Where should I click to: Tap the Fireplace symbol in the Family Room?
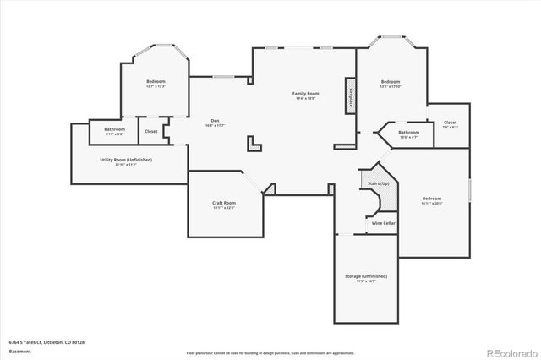click(347, 95)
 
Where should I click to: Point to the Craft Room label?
click(223, 203)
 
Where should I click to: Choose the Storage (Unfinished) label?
click(365, 276)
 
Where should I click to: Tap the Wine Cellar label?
click(384, 223)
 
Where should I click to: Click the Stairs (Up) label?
click(379, 183)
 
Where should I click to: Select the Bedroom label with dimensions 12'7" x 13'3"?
click(155, 81)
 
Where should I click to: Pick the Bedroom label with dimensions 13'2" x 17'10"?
click(389, 81)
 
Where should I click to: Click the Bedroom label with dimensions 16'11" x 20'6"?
click(431, 199)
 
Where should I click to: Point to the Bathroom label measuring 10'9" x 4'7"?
click(409, 132)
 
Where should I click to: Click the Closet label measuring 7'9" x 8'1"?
click(450, 123)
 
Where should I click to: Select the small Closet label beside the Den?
click(150, 131)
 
